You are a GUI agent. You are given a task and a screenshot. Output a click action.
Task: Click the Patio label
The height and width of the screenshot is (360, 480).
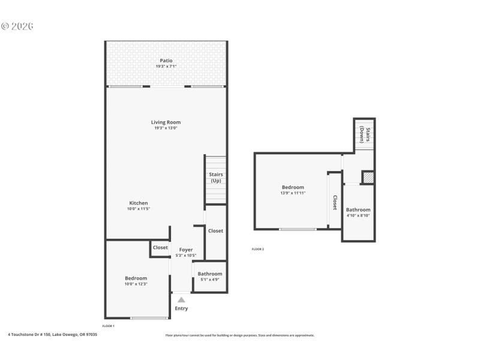click(166, 61)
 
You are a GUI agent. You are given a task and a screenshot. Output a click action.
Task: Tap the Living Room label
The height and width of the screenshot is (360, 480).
click(166, 122)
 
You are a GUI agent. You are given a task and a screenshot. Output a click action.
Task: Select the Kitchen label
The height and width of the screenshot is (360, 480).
click(138, 203)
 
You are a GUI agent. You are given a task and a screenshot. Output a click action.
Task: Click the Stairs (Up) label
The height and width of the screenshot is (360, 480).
click(216, 177)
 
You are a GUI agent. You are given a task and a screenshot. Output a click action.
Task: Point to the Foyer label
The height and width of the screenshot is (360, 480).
click(186, 250)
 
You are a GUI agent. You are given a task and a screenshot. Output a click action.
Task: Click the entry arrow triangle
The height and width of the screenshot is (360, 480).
click(181, 299)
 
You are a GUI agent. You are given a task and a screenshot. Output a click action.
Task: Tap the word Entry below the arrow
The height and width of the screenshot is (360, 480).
click(181, 308)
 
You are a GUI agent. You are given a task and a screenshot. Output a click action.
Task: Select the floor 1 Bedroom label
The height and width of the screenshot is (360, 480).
click(136, 278)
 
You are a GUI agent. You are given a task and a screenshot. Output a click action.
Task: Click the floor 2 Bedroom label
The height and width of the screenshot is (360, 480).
click(293, 187)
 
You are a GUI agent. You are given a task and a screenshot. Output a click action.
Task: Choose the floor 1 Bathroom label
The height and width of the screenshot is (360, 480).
click(210, 274)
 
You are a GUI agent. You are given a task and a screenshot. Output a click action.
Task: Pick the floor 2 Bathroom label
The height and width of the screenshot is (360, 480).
click(358, 209)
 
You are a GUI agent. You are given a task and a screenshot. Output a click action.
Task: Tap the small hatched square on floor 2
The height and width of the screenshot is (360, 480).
click(368, 178)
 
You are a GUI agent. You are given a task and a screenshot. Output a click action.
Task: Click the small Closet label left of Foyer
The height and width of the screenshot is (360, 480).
click(160, 247)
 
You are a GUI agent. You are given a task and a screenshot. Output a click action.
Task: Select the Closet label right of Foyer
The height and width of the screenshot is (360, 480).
click(215, 230)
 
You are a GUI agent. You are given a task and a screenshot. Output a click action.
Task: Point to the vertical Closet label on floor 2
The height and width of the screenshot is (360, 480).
click(335, 202)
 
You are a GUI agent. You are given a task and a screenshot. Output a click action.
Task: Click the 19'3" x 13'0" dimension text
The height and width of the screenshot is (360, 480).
click(166, 128)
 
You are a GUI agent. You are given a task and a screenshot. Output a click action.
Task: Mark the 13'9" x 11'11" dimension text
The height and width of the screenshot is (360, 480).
click(293, 193)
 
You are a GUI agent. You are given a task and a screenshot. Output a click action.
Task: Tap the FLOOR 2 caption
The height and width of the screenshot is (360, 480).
click(257, 249)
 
